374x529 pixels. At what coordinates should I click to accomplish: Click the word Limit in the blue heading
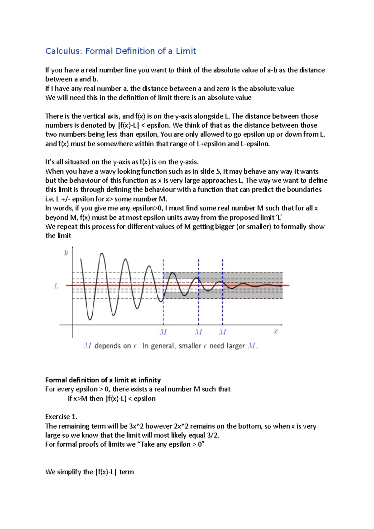(x=186, y=51)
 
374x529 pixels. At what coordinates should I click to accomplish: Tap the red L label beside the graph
(x=56, y=286)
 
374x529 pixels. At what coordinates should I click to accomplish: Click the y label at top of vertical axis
(x=66, y=252)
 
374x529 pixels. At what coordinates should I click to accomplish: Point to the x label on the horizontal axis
(x=276, y=331)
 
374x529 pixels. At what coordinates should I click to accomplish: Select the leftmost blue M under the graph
(x=163, y=332)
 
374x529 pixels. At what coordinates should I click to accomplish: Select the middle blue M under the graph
(x=198, y=332)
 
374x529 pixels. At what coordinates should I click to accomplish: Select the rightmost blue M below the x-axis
(x=222, y=332)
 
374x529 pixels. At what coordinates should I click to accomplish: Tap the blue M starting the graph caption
(x=88, y=346)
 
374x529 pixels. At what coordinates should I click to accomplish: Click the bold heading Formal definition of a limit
(x=103, y=380)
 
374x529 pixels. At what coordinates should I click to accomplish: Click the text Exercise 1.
(x=61, y=417)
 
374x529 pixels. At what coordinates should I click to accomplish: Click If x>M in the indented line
(x=78, y=398)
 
